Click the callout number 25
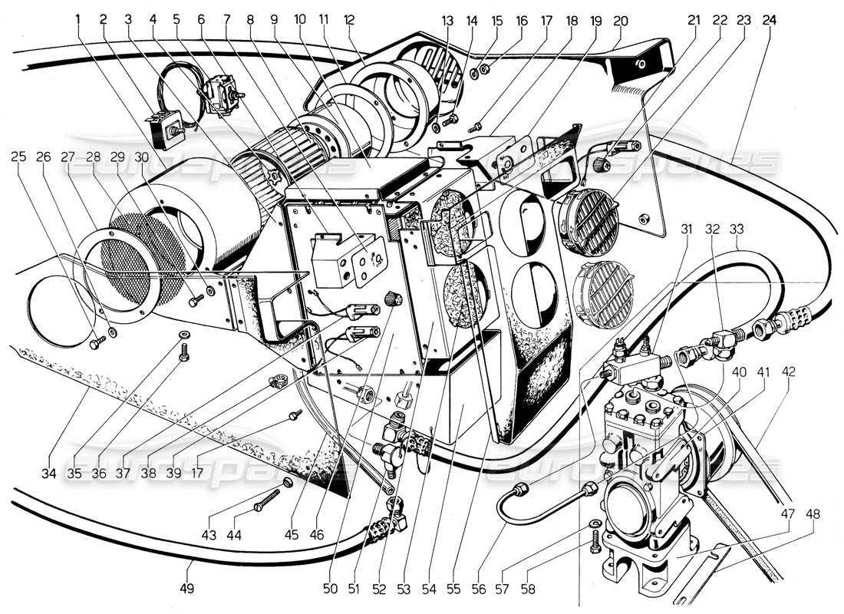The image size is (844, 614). [19, 157]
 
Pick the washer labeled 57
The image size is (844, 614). [597, 524]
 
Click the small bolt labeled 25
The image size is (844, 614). [94, 344]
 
